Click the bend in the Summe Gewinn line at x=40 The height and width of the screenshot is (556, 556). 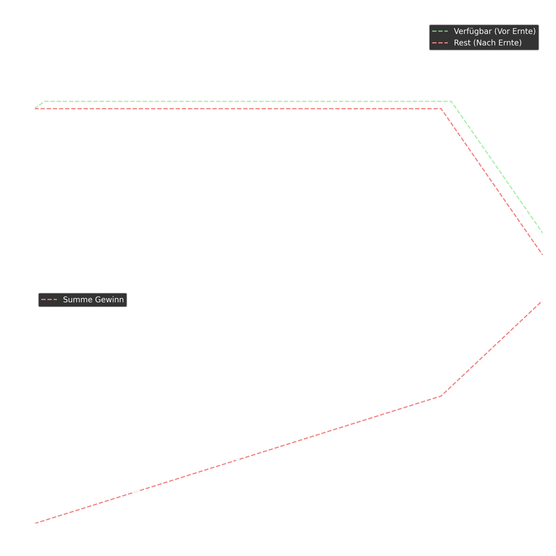pyautogui.click(x=439, y=397)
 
